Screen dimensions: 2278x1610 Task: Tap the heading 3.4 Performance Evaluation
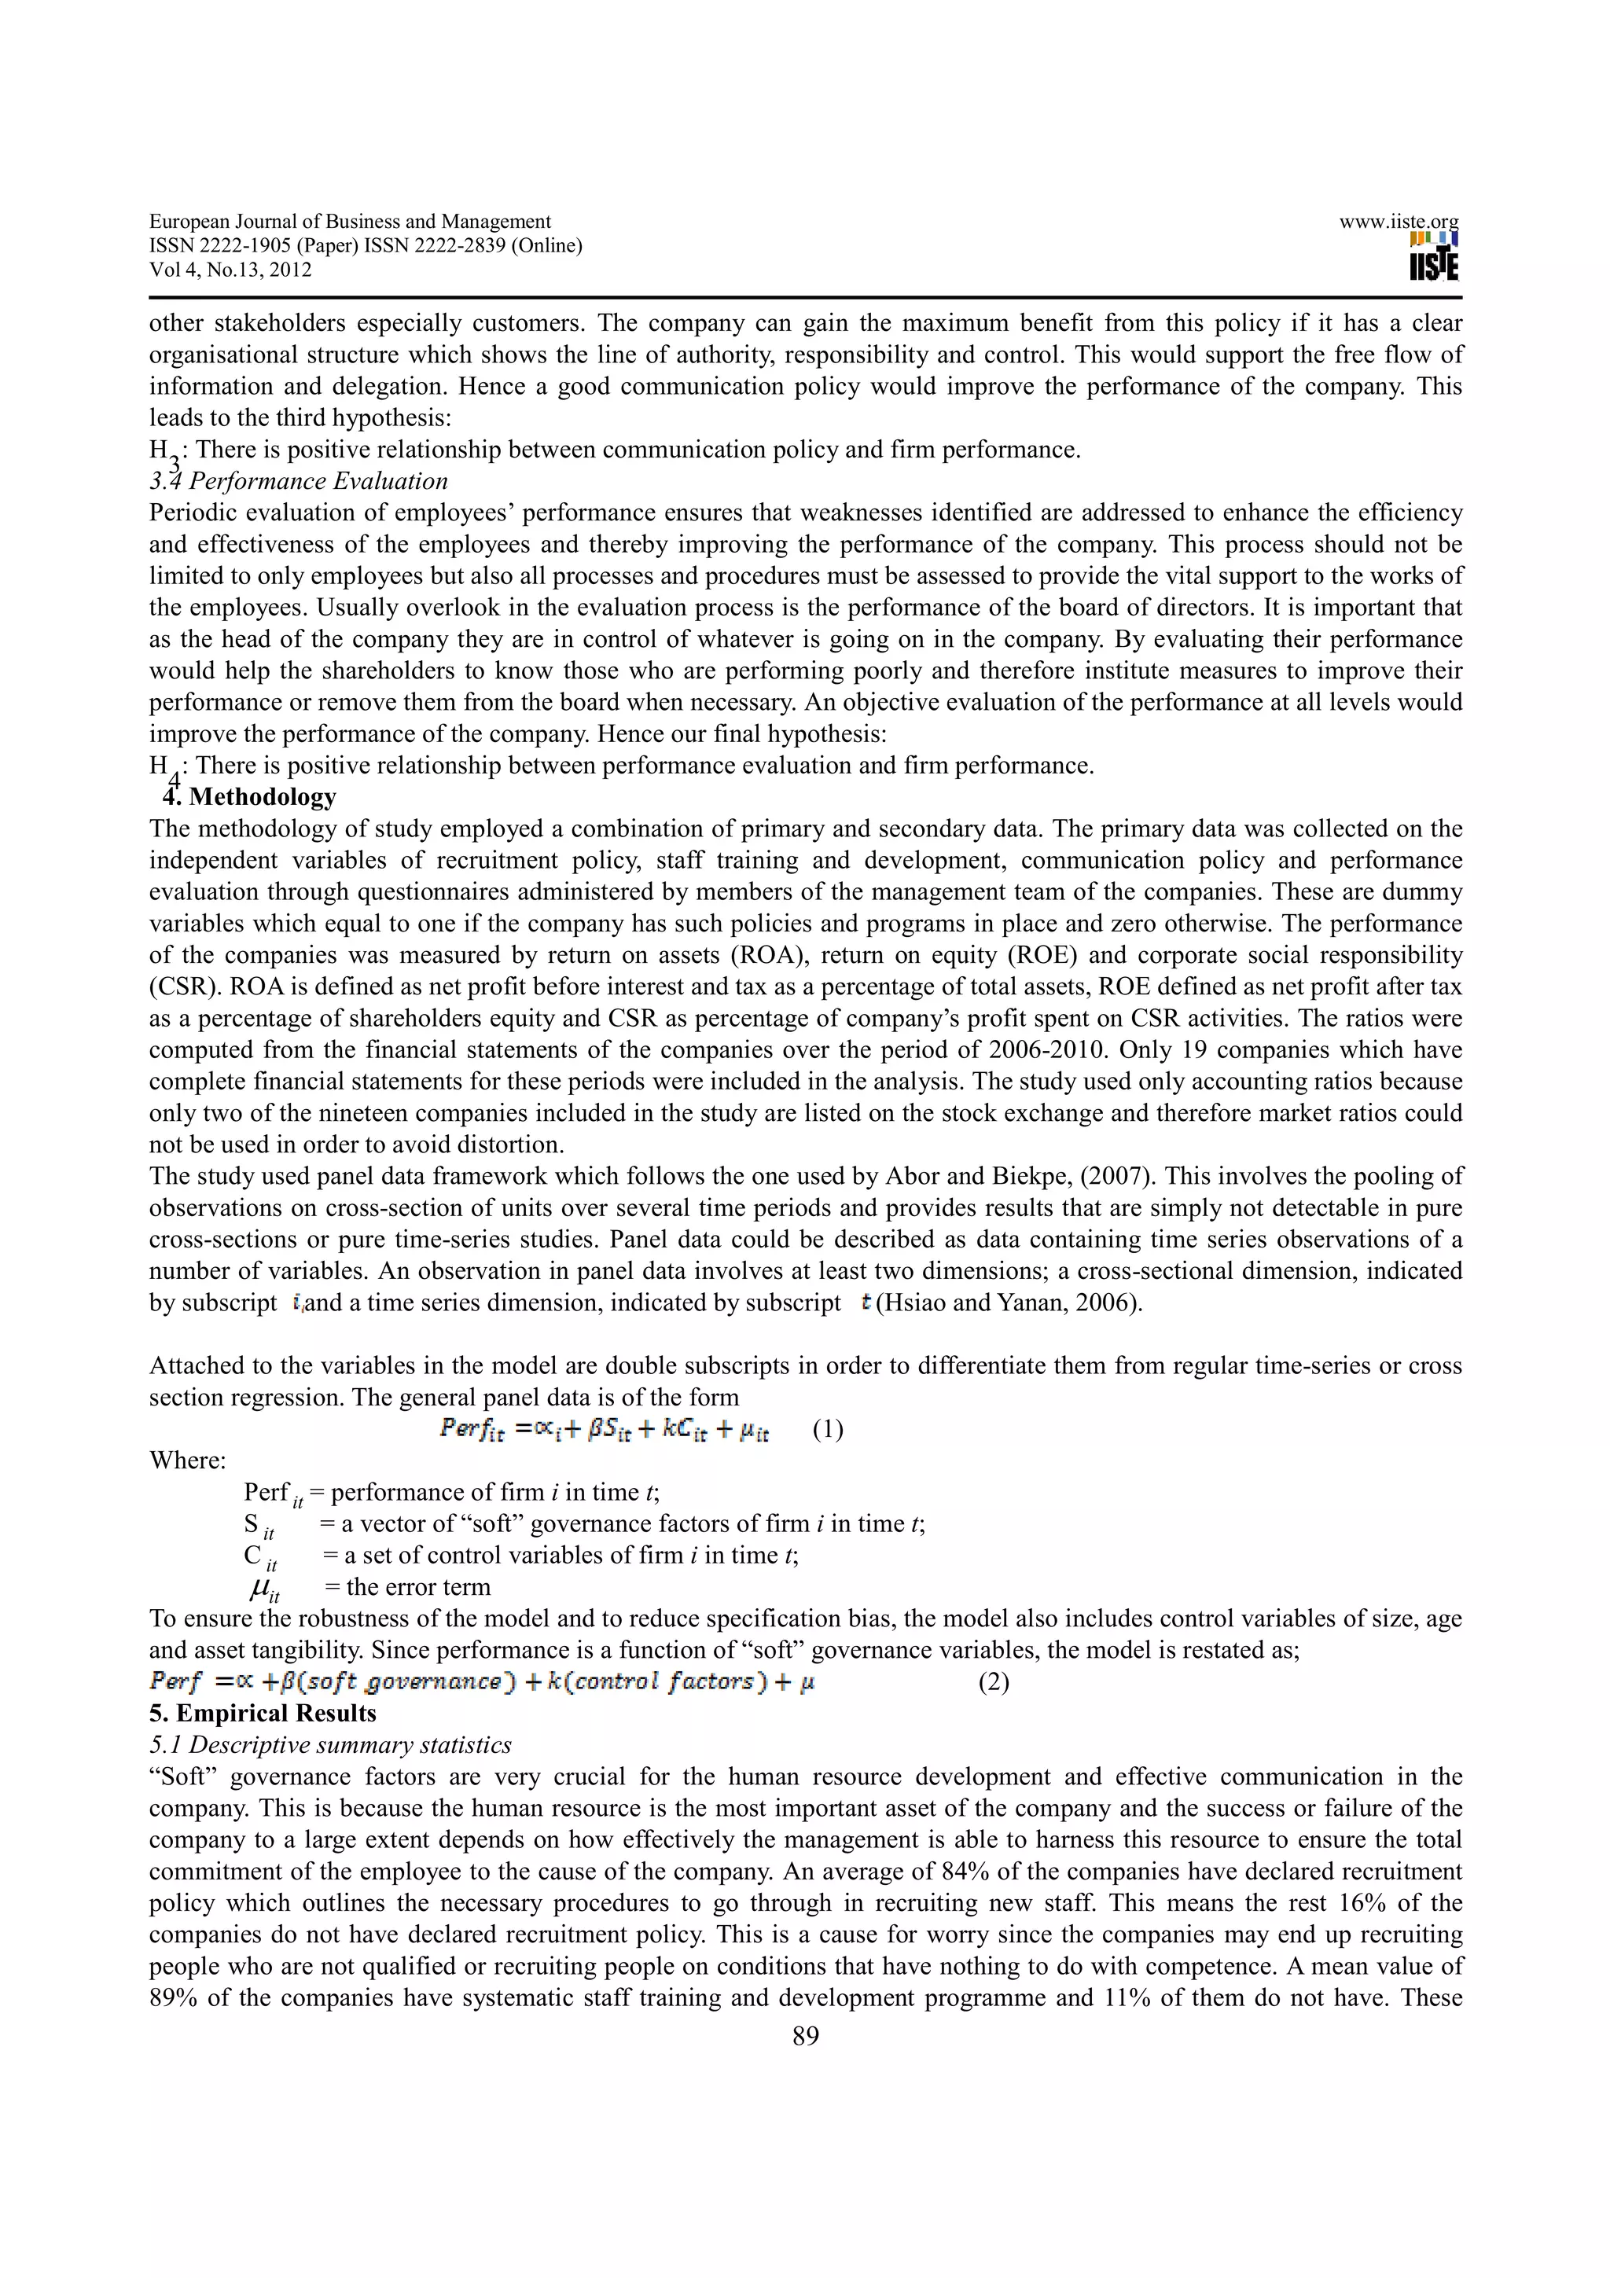pos(299,481)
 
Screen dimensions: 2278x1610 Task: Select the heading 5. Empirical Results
pos(263,1714)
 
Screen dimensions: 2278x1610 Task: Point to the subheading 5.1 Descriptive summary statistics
pos(330,1744)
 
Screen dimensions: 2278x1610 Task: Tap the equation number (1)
pos(827,1430)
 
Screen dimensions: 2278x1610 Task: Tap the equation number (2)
pos(993,1683)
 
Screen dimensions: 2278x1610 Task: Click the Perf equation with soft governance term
pos(482,1681)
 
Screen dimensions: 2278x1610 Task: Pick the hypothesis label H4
pos(163,768)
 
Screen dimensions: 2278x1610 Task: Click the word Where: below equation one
pos(187,1460)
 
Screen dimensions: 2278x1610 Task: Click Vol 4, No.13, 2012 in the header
pos(230,270)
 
